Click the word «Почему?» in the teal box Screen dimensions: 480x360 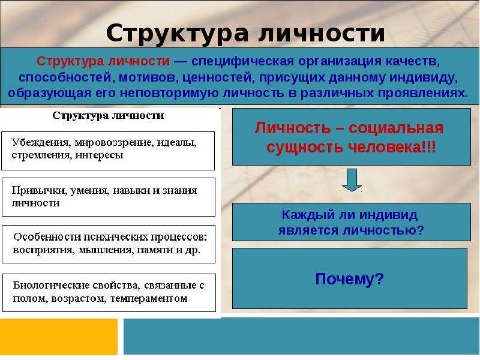coord(349,279)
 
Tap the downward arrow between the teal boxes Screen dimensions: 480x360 coord(352,180)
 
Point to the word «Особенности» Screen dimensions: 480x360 coord(47,237)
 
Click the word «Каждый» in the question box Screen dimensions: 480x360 coord(304,215)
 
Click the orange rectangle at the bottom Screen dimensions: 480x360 coord(58,337)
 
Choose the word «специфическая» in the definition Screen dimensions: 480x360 coord(243,62)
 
